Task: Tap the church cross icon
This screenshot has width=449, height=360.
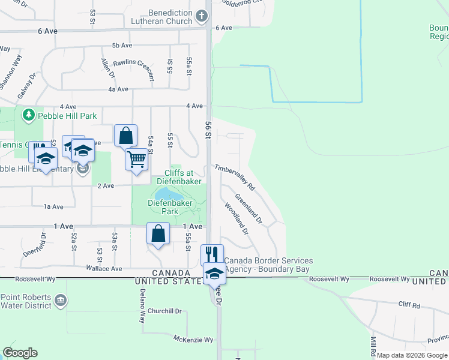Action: point(203,15)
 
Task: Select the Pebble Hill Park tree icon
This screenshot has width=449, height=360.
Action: point(28,114)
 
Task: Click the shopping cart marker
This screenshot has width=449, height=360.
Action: point(136,160)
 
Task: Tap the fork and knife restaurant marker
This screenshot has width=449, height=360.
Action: point(212,254)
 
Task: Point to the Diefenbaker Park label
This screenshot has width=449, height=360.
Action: point(170,207)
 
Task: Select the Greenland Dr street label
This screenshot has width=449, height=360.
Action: point(249,208)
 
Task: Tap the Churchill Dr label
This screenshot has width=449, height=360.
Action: point(164,311)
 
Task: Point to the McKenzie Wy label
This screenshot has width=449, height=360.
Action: point(193,340)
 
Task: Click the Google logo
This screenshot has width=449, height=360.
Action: point(20,353)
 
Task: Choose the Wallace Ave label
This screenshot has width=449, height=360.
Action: point(104,268)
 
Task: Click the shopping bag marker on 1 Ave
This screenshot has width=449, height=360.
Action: point(158,233)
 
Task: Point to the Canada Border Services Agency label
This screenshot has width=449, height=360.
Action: point(268,265)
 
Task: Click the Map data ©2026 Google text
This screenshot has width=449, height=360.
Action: point(412,355)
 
